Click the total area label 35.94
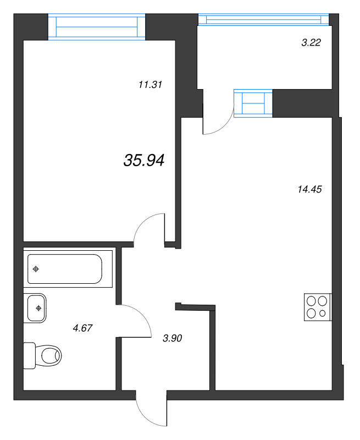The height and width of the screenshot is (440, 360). pos(144,161)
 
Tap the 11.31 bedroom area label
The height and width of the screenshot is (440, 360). pos(150,85)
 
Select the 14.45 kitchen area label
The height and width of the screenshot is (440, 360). pos(309,189)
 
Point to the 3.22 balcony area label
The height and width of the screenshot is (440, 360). pos(311,43)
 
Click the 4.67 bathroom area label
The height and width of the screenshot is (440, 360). pos(82,328)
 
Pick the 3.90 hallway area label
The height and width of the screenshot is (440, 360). pos(173,338)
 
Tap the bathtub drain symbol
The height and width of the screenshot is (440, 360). pos(36,269)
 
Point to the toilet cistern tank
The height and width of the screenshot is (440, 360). pos(29,355)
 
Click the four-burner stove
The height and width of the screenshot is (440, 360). pos(318,307)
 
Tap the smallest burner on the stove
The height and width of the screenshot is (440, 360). pos(323,313)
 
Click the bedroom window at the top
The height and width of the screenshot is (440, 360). pos(97,27)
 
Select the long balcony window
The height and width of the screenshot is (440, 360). pos(264,20)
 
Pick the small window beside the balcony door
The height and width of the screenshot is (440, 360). pos(253,103)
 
